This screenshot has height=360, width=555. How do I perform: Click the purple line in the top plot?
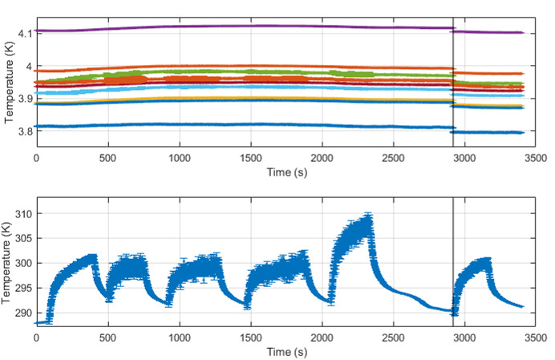tap(241, 26)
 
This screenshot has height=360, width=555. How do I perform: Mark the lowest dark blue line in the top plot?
tap(241, 125)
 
